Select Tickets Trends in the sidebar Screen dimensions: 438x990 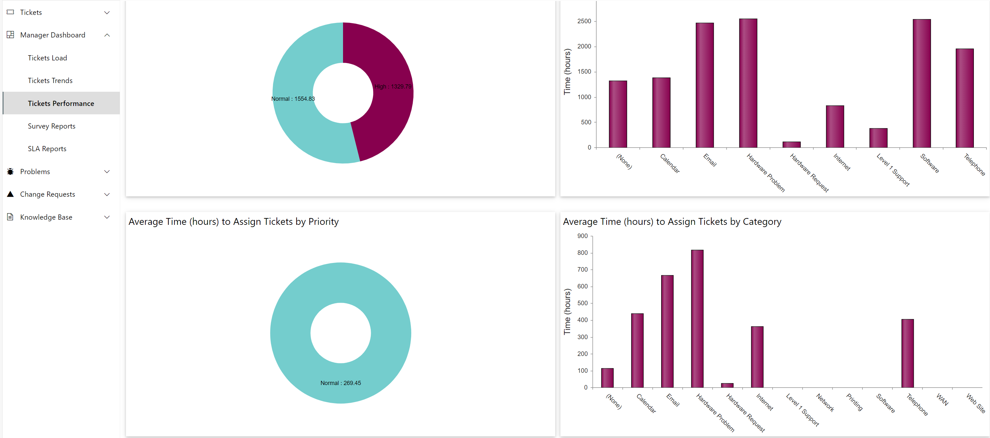(50, 81)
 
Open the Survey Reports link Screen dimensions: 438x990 (51, 126)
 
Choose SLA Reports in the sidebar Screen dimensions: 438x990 (47, 149)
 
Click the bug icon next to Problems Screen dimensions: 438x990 (10, 172)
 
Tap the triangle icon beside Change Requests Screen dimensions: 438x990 (10, 194)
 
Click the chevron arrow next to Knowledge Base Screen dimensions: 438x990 (107, 217)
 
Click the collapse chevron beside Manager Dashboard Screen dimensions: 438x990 (107, 35)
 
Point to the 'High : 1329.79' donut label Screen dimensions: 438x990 (393, 87)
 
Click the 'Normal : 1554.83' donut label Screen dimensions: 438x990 (293, 99)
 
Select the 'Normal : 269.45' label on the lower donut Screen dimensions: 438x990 (340, 383)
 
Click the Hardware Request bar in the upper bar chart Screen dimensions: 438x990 (791, 144)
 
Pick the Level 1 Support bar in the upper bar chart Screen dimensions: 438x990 (878, 138)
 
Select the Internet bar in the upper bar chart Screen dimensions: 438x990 (835, 126)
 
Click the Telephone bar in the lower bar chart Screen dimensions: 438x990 (907, 353)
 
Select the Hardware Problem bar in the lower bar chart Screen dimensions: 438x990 (697, 318)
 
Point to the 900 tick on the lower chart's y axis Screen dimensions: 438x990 (582, 236)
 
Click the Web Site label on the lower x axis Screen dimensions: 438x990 (976, 403)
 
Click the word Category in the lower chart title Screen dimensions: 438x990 (762, 222)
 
